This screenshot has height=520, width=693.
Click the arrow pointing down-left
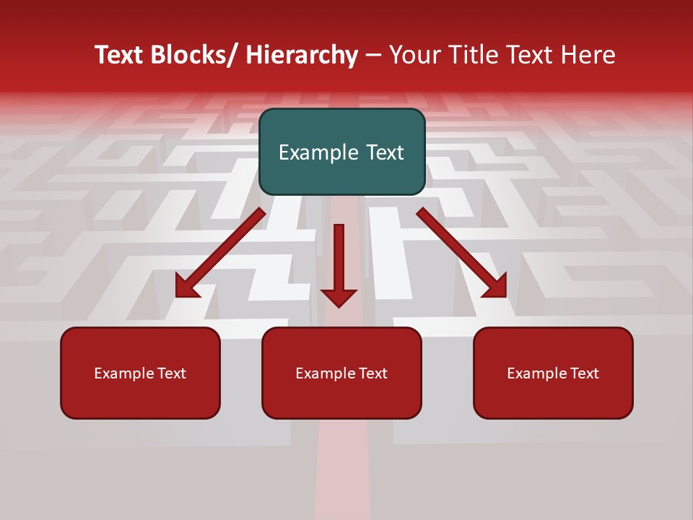[x=220, y=253]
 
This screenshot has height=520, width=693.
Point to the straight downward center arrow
[x=339, y=260]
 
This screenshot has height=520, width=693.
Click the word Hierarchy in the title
[x=302, y=55]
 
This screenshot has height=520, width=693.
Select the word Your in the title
[x=414, y=55]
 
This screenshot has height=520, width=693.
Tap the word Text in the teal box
[x=384, y=152]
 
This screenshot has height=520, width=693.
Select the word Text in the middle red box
[x=372, y=373]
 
